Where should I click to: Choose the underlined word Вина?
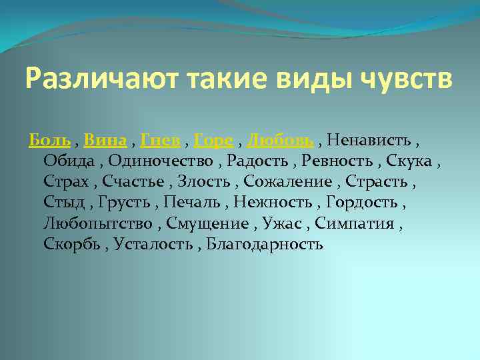(105, 140)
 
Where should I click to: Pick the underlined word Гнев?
(160, 140)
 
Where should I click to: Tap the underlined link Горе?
(213, 140)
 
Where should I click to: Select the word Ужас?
(285, 223)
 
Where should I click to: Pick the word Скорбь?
(71, 243)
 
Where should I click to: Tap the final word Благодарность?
(265, 243)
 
